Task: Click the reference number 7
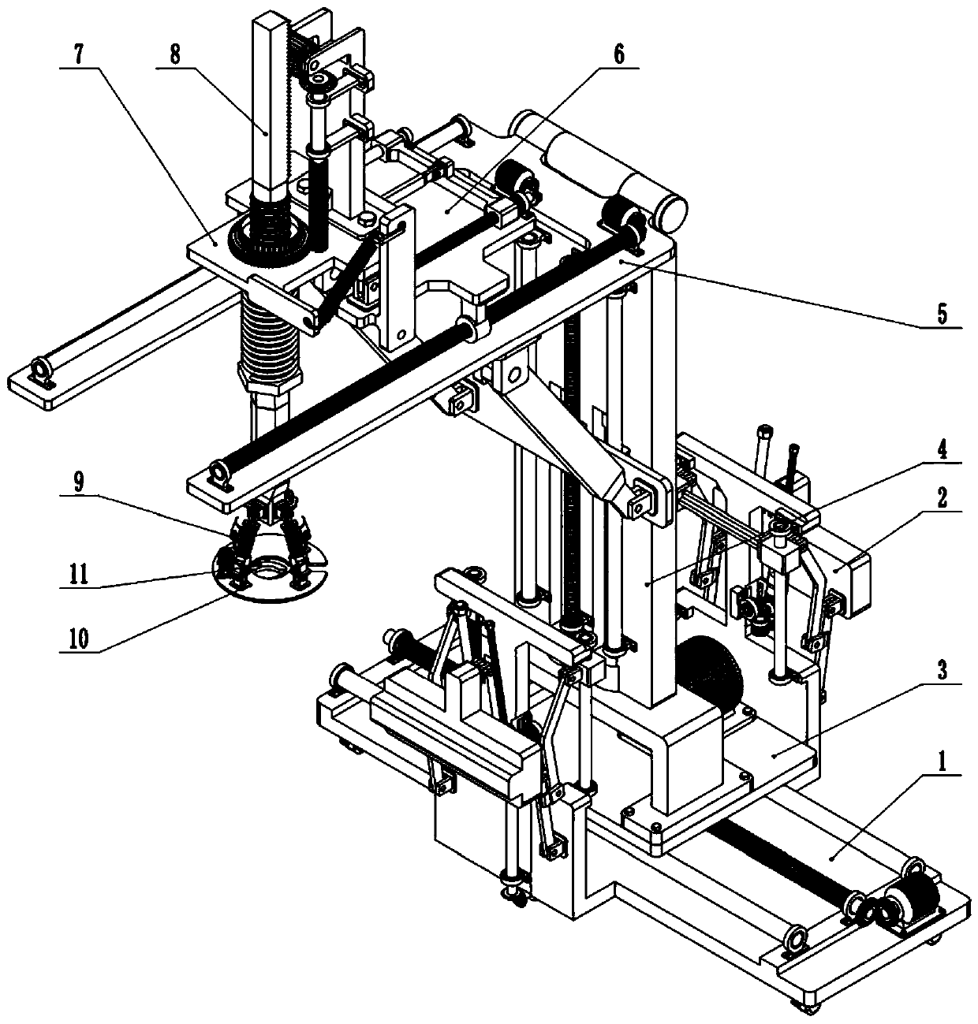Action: click(x=77, y=57)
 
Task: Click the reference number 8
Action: click(x=174, y=57)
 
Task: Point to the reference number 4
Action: click(x=943, y=455)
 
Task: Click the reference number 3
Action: click(x=943, y=672)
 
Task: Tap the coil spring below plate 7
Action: click(x=270, y=340)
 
